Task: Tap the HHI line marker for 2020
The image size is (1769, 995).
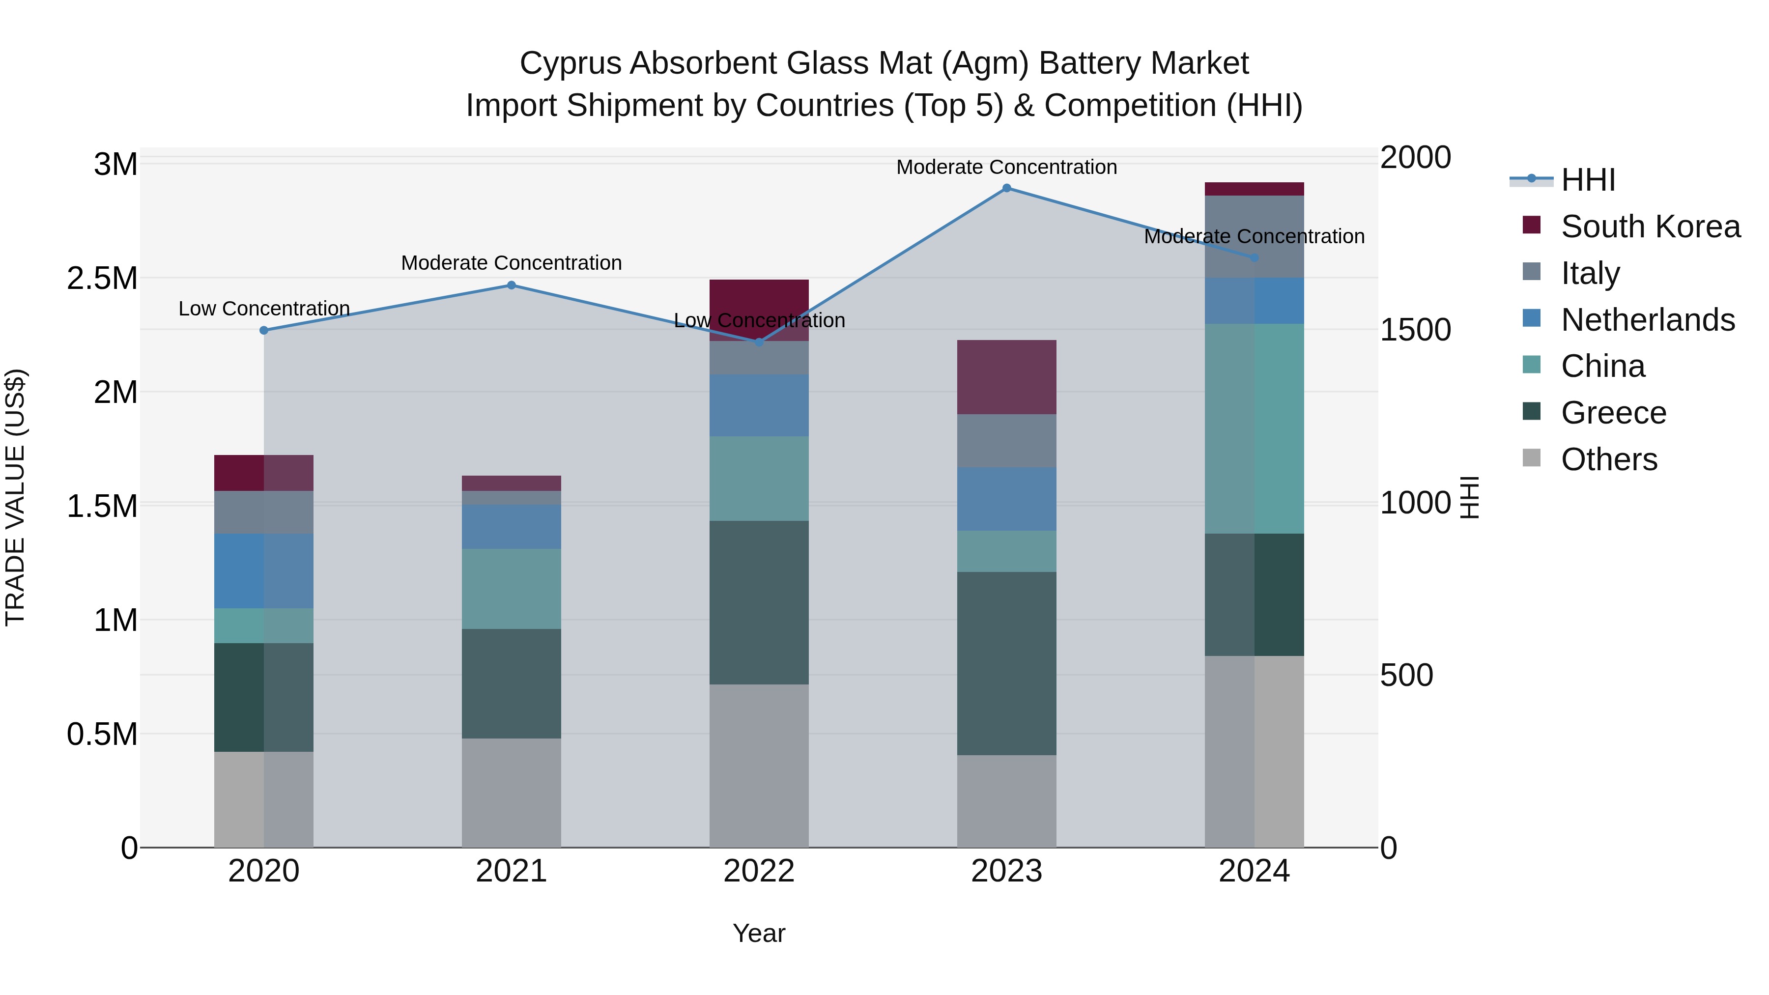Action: point(264,330)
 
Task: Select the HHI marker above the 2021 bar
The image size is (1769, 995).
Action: point(511,285)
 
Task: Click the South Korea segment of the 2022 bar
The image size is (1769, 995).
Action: point(759,302)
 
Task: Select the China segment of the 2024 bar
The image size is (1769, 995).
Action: point(1254,428)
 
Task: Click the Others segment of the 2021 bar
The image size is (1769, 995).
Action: point(511,793)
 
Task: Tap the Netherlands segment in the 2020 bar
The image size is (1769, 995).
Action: point(264,570)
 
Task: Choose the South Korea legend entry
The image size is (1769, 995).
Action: point(1650,227)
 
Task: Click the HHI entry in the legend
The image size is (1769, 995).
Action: point(1588,180)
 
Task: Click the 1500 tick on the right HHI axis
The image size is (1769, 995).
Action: point(1415,330)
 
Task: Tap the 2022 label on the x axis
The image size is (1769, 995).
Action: point(759,871)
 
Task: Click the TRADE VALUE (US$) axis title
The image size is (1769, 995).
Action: point(15,497)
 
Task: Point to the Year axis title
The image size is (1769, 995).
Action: point(759,933)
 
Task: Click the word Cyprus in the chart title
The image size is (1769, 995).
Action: point(570,63)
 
